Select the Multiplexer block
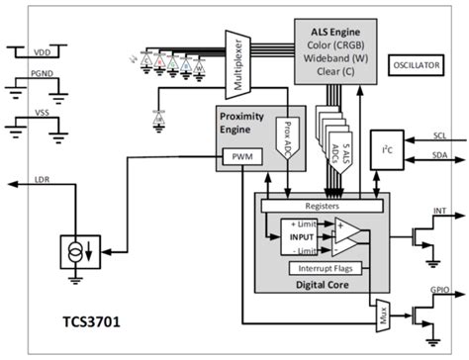(237, 63)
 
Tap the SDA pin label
(442, 158)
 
